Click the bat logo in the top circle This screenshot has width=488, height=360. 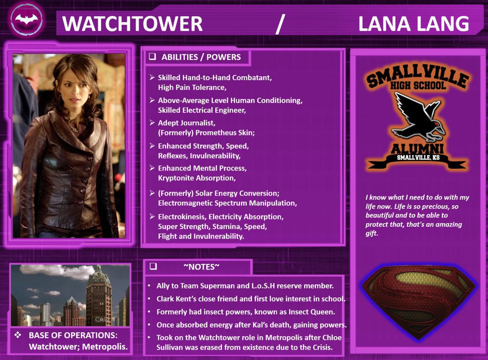click(x=27, y=20)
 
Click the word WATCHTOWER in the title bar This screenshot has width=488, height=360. click(x=132, y=24)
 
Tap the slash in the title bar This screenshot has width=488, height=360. click(x=280, y=24)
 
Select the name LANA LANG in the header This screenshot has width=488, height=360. click(x=414, y=24)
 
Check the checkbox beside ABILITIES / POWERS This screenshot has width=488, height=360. click(x=152, y=56)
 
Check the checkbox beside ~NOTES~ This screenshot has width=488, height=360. click(x=153, y=266)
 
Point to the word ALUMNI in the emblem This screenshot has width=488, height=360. click(x=417, y=148)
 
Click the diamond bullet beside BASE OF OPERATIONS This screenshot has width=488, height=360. click(x=18, y=335)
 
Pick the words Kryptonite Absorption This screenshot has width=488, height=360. click(x=197, y=178)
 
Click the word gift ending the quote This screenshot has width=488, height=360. click(x=372, y=233)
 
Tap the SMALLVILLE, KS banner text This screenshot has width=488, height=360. click(x=418, y=158)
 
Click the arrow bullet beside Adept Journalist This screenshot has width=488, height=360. click(x=152, y=123)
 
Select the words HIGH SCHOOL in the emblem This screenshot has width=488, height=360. click(x=418, y=85)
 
